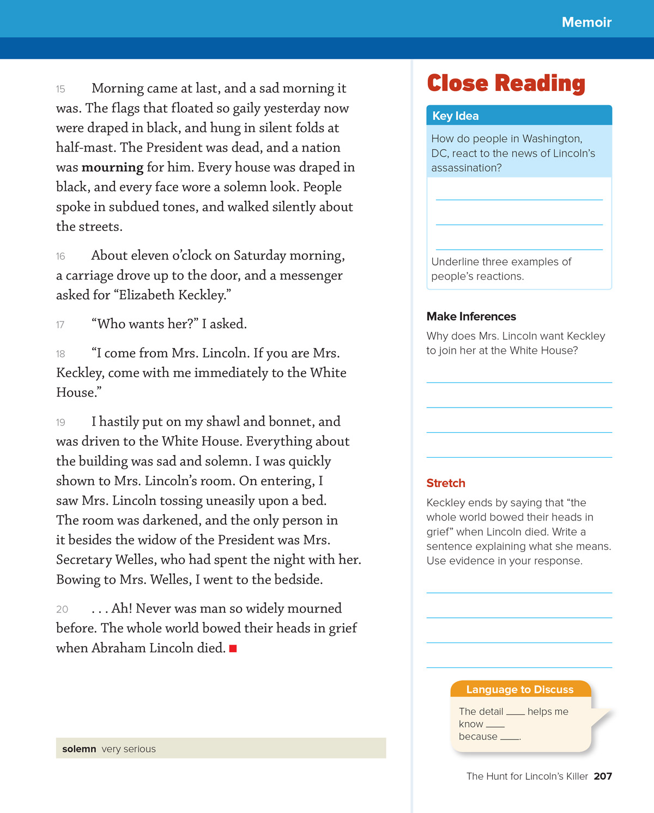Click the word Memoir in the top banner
click(586, 22)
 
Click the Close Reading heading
click(506, 83)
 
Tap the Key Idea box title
click(456, 116)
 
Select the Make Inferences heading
click(471, 317)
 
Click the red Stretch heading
click(446, 483)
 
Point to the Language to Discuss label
click(520, 689)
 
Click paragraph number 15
click(60, 89)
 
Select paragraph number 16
click(60, 257)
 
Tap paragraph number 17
click(60, 325)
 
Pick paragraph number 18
click(60, 354)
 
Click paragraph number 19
click(60, 423)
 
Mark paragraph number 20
click(62, 610)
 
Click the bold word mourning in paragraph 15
click(112, 167)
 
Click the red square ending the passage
click(233, 648)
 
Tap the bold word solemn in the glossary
click(79, 749)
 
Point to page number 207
click(603, 776)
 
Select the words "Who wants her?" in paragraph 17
click(145, 324)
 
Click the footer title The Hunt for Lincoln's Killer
click(527, 776)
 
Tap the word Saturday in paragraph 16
click(260, 256)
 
